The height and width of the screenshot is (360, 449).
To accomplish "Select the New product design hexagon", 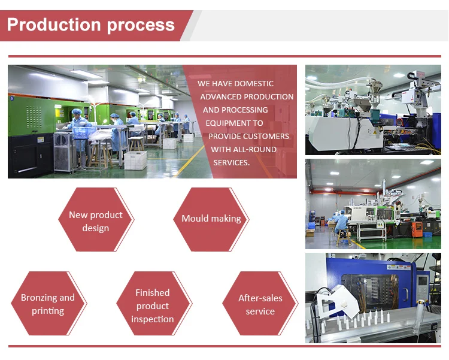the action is (x=96, y=221).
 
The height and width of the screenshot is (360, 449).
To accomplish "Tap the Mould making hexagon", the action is (x=211, y=219).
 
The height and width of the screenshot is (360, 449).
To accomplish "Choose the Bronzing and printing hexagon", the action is (x=48, y=304).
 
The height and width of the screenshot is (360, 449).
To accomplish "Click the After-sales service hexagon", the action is (x=260, y=304).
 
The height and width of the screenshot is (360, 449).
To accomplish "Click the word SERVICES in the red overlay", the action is (x=232, y=162).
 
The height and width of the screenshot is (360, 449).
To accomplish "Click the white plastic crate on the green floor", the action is (x=135, y=159).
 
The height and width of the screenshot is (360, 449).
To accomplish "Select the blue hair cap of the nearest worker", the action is (x=76, y=111).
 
